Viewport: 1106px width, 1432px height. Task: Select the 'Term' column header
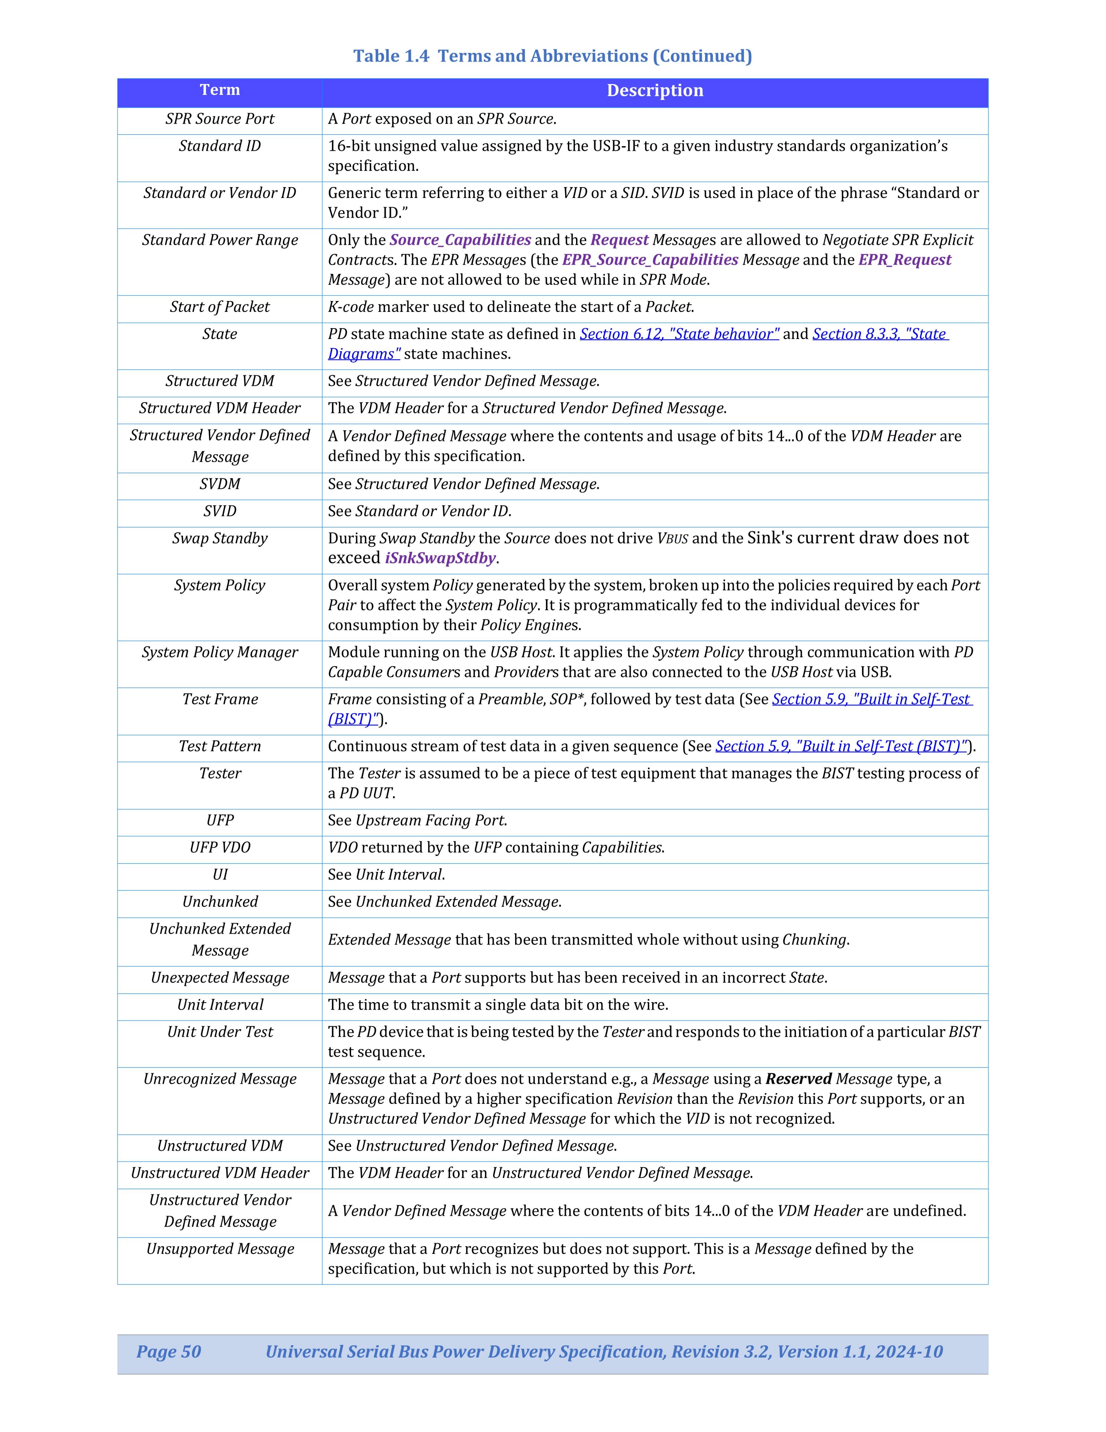220,91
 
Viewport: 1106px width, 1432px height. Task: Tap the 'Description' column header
655,91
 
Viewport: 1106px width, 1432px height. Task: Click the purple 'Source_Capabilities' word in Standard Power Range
460,240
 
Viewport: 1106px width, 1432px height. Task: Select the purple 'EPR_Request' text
904,260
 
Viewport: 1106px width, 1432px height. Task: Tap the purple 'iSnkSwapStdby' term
439,558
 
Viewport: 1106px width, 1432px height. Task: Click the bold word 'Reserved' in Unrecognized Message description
798,1079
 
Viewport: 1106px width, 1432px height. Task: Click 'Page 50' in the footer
168,1351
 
